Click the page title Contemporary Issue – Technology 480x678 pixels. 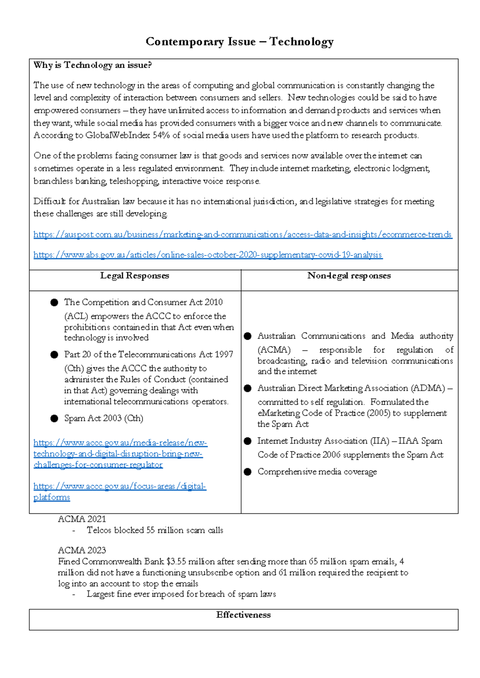coord(240,42)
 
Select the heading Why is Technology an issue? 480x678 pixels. coord(92,65)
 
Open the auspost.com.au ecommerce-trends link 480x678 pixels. coord(242,235)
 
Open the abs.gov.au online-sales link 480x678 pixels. coord(208,255)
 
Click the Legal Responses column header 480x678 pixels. coord(134,276)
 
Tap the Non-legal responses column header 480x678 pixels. coord(349,276)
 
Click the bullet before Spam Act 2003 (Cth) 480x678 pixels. coord(54,419)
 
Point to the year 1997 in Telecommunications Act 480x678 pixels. coord(224,355)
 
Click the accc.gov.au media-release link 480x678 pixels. coord(120,454)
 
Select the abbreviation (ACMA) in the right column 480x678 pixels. coord(274,350)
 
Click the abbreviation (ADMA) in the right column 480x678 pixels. coord(428,388)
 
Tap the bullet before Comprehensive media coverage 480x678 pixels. coord(248,472)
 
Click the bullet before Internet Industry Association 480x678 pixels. coord(248,441)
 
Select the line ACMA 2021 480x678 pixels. coord(82,519)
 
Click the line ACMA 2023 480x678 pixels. coord(82,550)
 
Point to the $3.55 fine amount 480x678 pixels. coord(176,562)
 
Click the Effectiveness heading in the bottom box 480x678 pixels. coord(243,615)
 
